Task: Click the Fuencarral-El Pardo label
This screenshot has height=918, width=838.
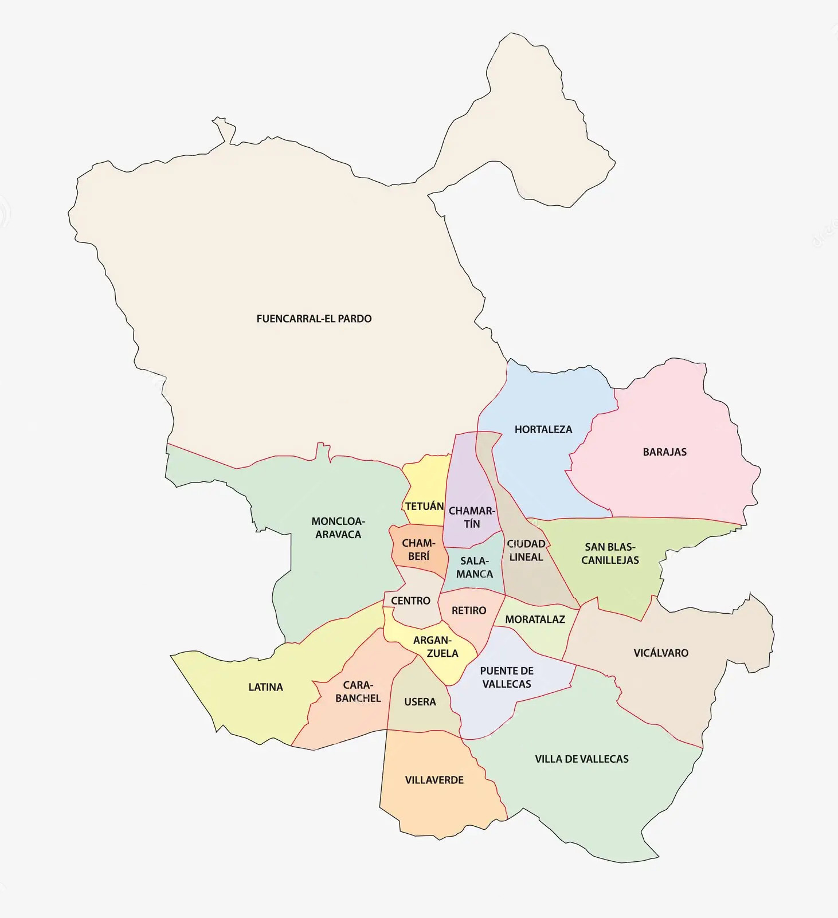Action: pyautogui.click(x=314, y=319)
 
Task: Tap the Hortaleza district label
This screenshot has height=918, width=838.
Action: pyautogui.click(x=543, y=429)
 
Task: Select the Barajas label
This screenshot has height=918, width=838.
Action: pyautogui.click(x=664, y=452)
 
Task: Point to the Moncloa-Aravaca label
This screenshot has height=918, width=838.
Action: pyautogui.click(x=338, y=528)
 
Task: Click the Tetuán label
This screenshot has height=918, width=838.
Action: pyautogui.click(x=424, y=507)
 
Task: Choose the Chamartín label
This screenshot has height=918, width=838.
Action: pyautogui.click(x=472, y=517)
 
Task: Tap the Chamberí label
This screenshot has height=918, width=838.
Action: pyautogui.click(x=418, y=550)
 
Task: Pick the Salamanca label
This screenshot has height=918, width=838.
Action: pyautogui.click(x=475, y=567)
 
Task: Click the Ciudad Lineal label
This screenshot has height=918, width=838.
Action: pyautogui.click(x=526, y=550)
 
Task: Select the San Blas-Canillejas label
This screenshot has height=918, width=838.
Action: pyautogui.click(x=610, y=554)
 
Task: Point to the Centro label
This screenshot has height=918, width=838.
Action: pyautogui.click(x=410, y=601)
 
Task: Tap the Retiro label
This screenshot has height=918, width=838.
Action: pyautogui.click(x=469, y=611)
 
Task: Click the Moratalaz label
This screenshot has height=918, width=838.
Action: pyautogui.click(x=535, y=619)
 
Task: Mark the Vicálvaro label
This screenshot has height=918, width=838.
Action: pyautogui.click(x=661, y=653)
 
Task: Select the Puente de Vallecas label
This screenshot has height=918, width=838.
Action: pyautogui.click(x=507, y=677)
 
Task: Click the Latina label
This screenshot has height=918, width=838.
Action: pyautogui.click(x=265, y=687)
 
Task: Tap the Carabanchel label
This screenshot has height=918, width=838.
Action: pyautogui.click(x=358, y=692)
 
